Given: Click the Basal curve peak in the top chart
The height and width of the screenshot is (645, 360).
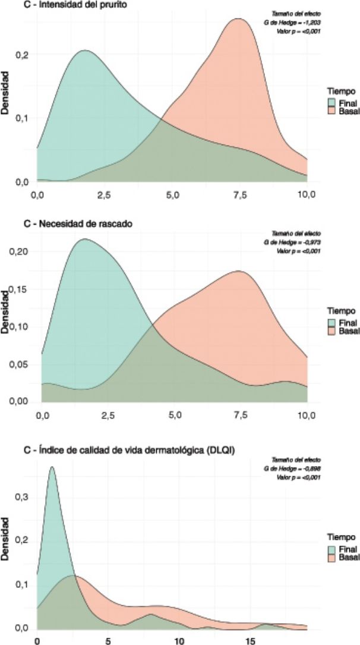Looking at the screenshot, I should click(x=238, y=18).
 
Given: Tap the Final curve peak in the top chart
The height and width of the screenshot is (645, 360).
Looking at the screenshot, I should click(x=84, y=51).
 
